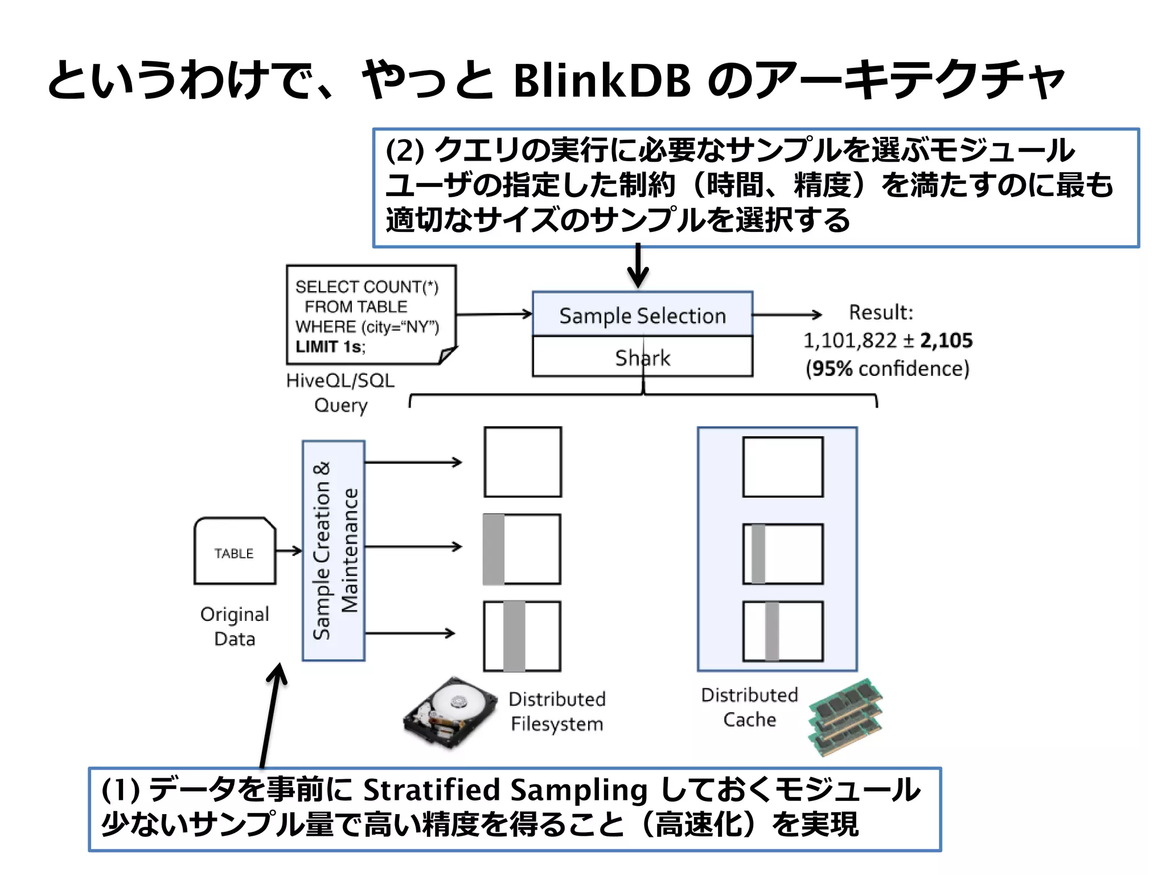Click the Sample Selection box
[x=642, y=314]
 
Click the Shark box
[x=642, y=357]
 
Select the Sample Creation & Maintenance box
[x=334, y=550]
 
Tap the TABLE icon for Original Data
[x=235, y=551]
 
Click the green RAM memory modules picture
[x=845, y=717]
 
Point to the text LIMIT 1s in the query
[x=329, y=346]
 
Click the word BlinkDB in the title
[x=602, y=81]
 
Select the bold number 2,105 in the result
[x=946, y=341]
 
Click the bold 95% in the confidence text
[x=832, y=369]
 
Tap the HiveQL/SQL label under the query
[x=340, y=381]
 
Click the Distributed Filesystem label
[x=557, y=712]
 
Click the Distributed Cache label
[x=749, y=707]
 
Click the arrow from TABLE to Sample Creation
[x=289, y=550]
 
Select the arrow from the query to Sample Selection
[x=494, y=314]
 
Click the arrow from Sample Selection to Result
[x=787, y=314]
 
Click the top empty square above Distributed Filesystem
[x=523, y=462]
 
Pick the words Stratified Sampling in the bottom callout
[x=505, y=790]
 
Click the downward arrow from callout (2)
[x=638, y=266]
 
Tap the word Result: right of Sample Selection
[x=880, y=312]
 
